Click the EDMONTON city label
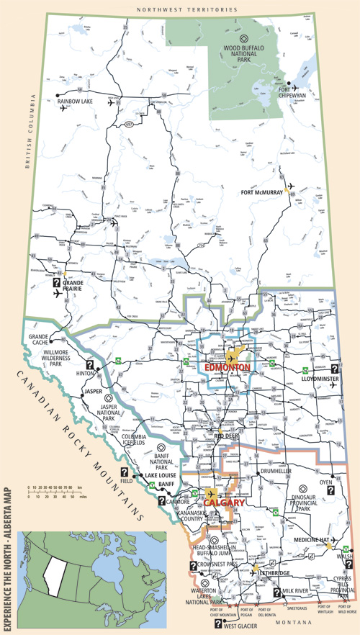pos(228,367)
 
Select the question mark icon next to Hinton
pos(91,365)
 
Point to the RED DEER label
pos(226,436)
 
